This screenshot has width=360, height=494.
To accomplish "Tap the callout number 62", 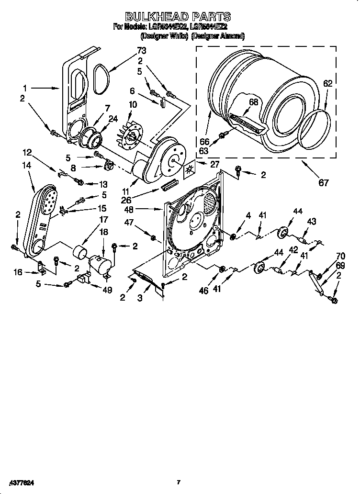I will pyautogui.click(x=327, y=83).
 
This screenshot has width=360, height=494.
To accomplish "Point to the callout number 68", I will pyautogui.click(x=254, y=101).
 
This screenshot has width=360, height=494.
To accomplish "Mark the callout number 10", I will pyautogui.click(x=133, y=104).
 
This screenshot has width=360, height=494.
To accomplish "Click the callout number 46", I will pyautogui.click(x=204, y=290).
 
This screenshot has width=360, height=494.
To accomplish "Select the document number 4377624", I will pyautogui.click(x=21, y=483).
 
